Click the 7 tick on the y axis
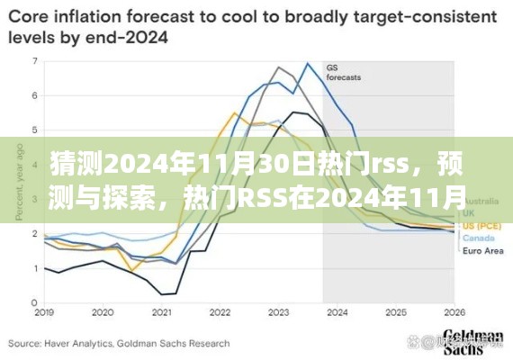point(34,61)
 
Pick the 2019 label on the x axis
point(42,313)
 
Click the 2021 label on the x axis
point(162,313)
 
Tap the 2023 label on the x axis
point(279,313)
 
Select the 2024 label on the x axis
point(337,313)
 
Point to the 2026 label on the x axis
point(454,313)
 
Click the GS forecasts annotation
point(343,73)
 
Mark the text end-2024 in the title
point(135,36)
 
